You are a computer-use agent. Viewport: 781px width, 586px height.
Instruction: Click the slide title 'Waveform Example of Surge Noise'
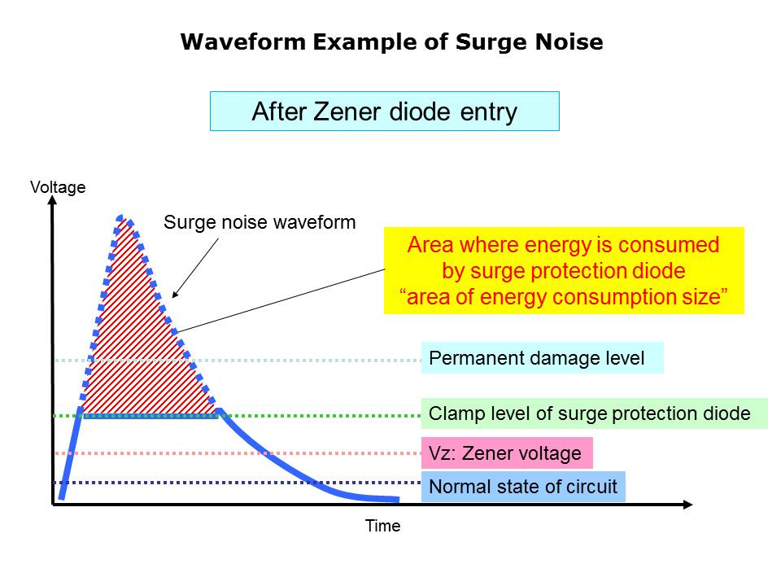[391, 42]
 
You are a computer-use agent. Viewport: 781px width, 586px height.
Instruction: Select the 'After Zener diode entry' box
[385, 112]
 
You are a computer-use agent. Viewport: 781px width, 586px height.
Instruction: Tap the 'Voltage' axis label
[58, 187]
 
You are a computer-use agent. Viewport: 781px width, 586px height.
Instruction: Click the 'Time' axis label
[382, 526]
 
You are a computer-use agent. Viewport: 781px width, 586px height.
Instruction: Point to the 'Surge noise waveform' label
[260, 222]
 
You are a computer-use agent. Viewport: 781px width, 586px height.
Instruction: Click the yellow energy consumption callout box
[564, 270]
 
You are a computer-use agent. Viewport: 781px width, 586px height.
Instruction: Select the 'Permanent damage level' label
[543, 358]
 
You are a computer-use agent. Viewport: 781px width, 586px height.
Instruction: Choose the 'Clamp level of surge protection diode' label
[595, 413]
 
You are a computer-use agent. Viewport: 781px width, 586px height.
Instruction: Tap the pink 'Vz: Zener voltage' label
[507, 453]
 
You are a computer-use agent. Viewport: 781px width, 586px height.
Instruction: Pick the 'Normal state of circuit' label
[523, 487]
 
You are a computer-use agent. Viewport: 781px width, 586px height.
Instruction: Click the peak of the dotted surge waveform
[120, 216]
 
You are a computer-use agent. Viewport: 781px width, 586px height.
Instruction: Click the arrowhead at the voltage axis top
[52, 199]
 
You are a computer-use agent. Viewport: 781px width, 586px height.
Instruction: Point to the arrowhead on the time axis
[688, 505]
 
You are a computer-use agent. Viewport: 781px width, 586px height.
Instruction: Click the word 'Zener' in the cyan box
[347, 112]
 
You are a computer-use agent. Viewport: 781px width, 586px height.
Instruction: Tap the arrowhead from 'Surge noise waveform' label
[174, 295]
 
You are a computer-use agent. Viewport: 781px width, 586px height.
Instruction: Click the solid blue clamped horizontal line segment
[151, 416]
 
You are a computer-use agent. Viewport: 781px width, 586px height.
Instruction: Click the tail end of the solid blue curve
[398, 499]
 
